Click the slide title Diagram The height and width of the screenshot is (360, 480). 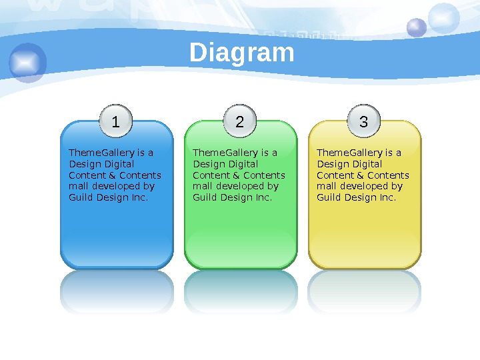tap(241, 53)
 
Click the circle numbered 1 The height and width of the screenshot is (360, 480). tap(116, 122)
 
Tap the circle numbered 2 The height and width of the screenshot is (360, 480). tap(240, 122)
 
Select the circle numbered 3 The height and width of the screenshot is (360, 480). tap(364, 122)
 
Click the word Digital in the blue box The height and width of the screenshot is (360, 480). tap(119, 164)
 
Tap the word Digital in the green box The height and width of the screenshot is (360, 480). tap(243, 164)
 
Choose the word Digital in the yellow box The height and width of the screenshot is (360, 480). tap(367, 164)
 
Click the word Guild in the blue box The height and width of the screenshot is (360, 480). tap(80, 198)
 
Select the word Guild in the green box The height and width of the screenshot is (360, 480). tap(204, 198)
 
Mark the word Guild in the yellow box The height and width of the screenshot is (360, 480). tap(328, 198)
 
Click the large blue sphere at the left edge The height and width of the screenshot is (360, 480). tap(28, 63)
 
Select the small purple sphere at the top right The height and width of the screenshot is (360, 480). tap(417, 27)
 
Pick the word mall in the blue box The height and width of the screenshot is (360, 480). tap(78, 187)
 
